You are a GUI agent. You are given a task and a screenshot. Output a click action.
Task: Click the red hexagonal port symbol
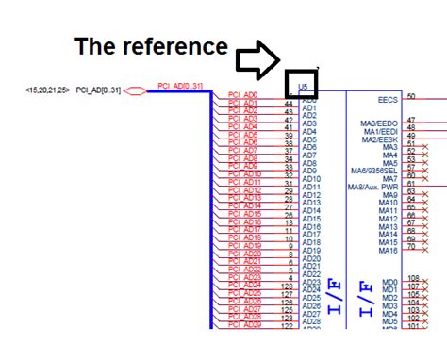[x=134, y=90]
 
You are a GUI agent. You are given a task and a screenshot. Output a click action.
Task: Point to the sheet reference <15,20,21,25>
[x=47, y=90]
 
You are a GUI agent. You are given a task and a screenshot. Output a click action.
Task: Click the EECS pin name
[x=387, y=97]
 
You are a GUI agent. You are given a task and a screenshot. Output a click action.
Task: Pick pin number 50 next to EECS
[x=411, y=96]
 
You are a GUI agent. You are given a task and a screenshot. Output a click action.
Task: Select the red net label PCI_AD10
[x=244, y=174]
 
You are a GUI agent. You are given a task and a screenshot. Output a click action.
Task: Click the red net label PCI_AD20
[x=244, y=254]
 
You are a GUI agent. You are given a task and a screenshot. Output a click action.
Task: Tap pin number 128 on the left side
[x=288, y=286]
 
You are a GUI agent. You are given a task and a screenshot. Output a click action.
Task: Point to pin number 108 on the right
[x=413, y=278]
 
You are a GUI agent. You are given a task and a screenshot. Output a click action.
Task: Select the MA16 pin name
[x=388, y=250]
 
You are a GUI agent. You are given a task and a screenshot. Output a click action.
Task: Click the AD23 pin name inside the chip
[x=311, y=282]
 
